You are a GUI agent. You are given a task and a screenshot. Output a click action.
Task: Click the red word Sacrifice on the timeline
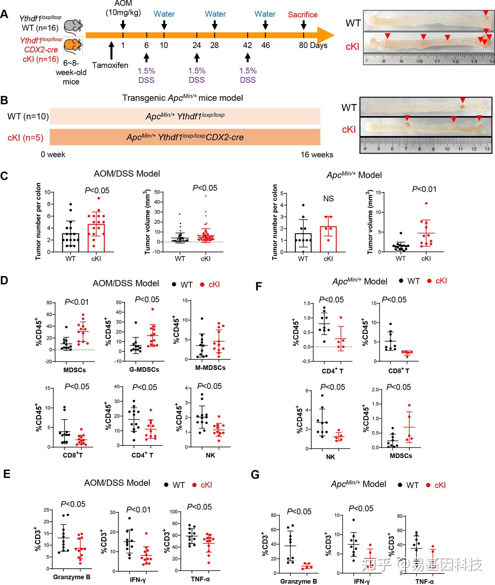tap(303, 15)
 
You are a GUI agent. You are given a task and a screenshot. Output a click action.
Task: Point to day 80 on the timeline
tap(303, 45)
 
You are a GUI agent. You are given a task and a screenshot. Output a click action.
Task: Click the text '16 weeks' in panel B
tap(317, 155)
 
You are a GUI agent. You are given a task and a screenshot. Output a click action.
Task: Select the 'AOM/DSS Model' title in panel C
tap(127, 174)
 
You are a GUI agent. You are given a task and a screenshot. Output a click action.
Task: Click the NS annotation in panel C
tap(328, 199)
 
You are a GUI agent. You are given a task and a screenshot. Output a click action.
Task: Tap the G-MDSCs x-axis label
tap(144, 370)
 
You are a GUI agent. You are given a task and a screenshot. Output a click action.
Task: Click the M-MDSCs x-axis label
tap(210, 368)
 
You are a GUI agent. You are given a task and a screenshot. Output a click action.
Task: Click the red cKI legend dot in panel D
tap(202, 285)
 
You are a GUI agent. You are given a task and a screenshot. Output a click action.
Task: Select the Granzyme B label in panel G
tap(298, 581)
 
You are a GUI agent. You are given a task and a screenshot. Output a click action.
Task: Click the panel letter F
tap(258, 286)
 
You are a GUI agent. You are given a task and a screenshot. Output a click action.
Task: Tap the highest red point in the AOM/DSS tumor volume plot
tap(206, 196)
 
